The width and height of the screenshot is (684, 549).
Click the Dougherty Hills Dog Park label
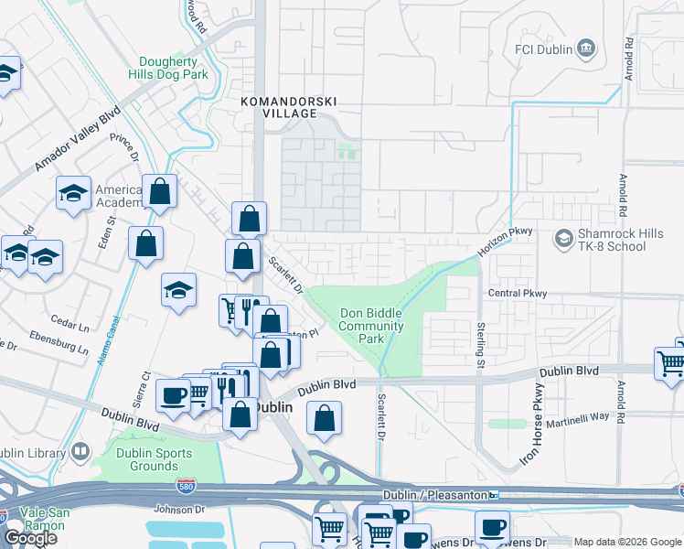pyautogui.click(x=180, y=66)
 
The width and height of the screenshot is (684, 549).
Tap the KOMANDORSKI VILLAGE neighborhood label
pyautogui.click(x=278, y=107)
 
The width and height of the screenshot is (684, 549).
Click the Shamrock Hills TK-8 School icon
pyautogui.click(x=563, y=240)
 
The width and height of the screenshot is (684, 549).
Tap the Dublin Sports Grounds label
pyautogui.click(x=154, y=459)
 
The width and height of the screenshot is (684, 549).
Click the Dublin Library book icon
pyautogui.click(x=80, y=452)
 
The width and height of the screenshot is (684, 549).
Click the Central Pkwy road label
pyautogui.click(x=517, y=294)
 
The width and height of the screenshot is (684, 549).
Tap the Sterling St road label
pyautogui.click(x=479, y=345)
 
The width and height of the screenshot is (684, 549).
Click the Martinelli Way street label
pyautogui.click(x=578, y=416)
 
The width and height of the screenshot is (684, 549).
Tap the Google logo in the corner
pyautogui.click(x=30, y=538)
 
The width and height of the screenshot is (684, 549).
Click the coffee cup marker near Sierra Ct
pyautogui.click(x=172, y=395)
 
